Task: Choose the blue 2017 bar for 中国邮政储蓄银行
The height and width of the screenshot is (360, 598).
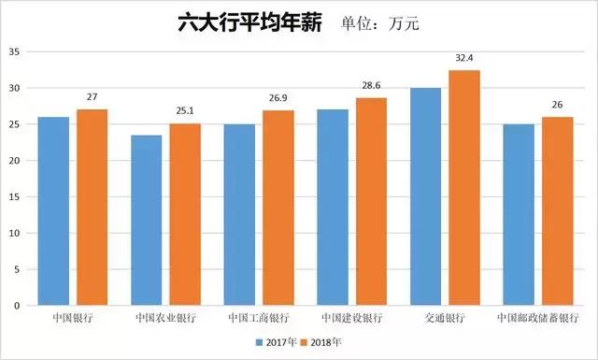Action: point(518,214)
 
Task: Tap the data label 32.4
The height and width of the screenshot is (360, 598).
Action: point(464,58)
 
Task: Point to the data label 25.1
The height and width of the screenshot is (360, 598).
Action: point(186,111)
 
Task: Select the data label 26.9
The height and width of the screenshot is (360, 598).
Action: point(279,97)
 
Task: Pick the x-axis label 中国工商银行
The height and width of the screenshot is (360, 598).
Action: point(259,318)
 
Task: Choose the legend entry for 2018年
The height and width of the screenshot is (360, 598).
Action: point(322,343)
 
